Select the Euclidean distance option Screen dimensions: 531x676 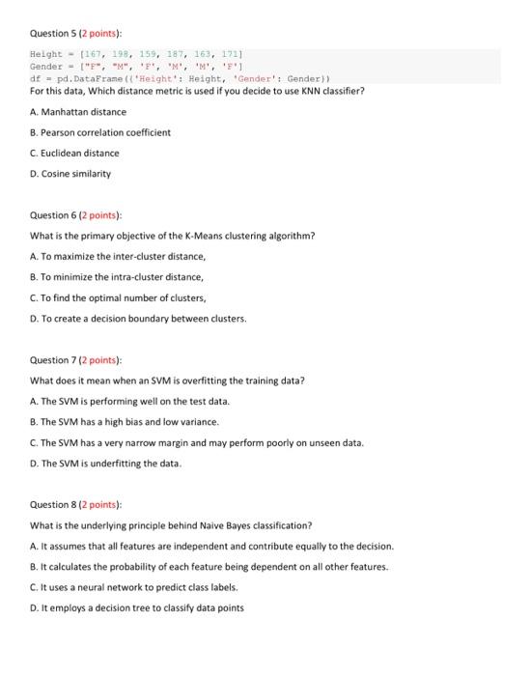[x=74, y=153]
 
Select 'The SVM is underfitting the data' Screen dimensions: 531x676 [x=106, y=464]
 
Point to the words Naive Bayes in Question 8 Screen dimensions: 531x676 [x=229, y=525]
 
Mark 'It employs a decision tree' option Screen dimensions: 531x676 [x=137, y=607]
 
